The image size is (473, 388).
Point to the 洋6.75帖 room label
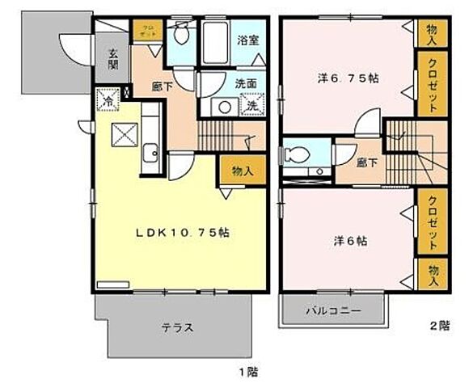[347, 78]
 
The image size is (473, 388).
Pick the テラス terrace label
[175, 327]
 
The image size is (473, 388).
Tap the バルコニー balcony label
[332, 310]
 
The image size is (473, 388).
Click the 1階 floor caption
[248, 373]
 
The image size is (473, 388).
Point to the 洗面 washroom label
[246, 83]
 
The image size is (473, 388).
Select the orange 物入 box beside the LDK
[242, 171]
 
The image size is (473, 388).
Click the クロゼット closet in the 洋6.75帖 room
[431, 86]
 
